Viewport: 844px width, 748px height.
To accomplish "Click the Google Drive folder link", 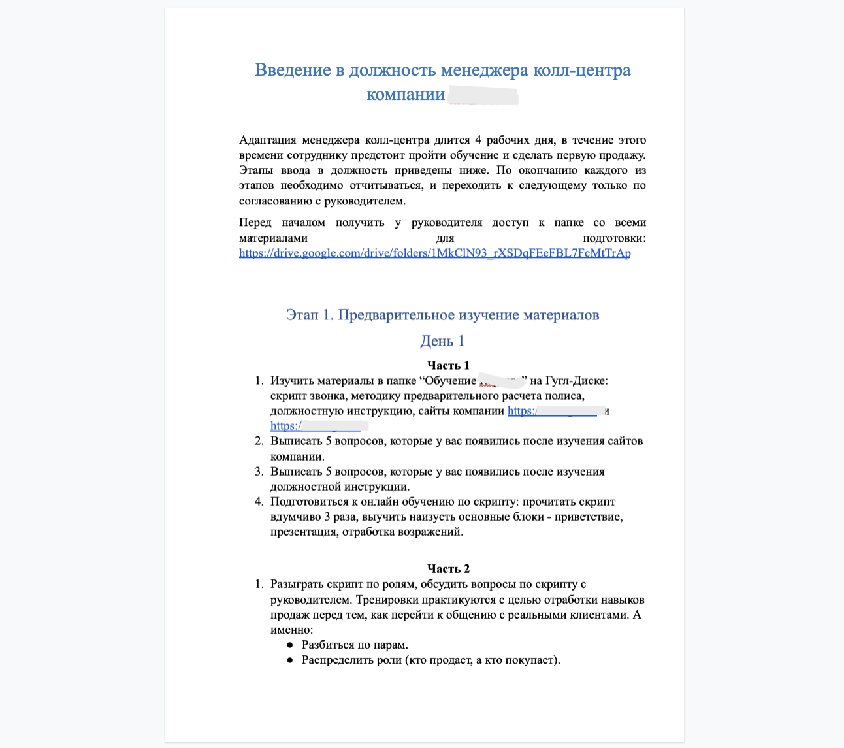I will [434, 253].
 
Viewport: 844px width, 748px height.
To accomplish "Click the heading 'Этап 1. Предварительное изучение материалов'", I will [442, 316].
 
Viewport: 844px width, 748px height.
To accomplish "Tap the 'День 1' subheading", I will [442, 341].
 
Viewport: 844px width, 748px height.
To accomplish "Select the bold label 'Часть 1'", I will [448, 365].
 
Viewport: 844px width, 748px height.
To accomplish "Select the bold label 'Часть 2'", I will [448, 568].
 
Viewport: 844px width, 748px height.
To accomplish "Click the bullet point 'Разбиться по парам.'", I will [355, 645].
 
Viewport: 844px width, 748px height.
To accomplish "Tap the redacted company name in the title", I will [483, 95].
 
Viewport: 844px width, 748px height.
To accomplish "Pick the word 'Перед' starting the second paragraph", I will [255, 223].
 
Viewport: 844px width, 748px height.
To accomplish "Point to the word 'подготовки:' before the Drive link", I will [613, 238].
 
